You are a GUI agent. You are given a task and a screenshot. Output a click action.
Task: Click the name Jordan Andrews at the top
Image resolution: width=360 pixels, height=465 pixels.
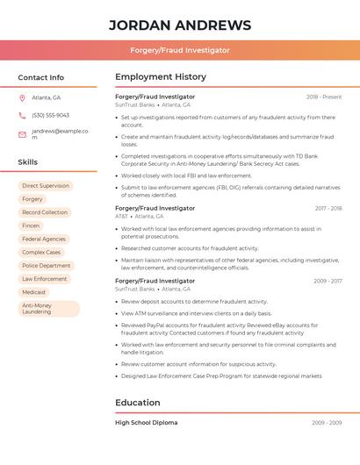click(179, 25)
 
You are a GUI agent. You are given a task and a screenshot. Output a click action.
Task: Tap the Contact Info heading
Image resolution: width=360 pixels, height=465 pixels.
click(41, 77)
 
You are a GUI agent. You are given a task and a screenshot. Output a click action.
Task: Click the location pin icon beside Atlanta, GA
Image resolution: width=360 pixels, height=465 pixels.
click(22, 97)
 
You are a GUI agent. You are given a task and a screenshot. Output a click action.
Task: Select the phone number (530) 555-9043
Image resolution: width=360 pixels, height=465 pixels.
click(50, 115)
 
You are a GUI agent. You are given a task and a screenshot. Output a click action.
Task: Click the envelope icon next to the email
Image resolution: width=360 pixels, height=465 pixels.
click(22, 133)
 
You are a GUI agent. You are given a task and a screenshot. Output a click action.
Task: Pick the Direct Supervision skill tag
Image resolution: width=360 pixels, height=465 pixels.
click(46, 186)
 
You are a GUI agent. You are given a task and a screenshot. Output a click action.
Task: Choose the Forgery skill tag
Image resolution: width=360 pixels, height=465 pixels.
click(32, 199)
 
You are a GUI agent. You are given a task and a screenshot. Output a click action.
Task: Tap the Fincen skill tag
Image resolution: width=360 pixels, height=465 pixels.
click(32, 225)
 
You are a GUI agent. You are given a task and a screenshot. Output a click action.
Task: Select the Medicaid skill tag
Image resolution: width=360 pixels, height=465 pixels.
click(34, 292)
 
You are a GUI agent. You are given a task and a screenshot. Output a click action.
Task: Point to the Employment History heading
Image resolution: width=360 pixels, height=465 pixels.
click(161, 77)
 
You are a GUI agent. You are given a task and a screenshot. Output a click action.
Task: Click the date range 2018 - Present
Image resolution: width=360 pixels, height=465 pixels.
click(324, 97)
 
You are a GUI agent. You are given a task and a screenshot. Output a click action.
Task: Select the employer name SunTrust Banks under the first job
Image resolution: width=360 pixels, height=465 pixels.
click(135, 104)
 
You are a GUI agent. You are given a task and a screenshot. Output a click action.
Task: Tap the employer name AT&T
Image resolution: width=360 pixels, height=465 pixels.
click(122, 216)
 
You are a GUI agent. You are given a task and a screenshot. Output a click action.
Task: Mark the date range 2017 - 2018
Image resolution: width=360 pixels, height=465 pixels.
click(328, 208)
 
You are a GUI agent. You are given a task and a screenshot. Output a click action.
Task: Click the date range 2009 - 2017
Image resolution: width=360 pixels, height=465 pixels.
click(328, 281)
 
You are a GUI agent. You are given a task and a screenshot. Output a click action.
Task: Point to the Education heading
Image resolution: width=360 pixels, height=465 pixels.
click(138, 403)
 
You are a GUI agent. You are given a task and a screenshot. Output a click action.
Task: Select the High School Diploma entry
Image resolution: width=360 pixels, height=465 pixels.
click(146, 422)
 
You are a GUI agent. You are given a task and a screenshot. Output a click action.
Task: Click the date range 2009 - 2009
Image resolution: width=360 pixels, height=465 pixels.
click(327, 422)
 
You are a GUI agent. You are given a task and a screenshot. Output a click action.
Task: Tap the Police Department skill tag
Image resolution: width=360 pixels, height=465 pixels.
click(46, 265)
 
